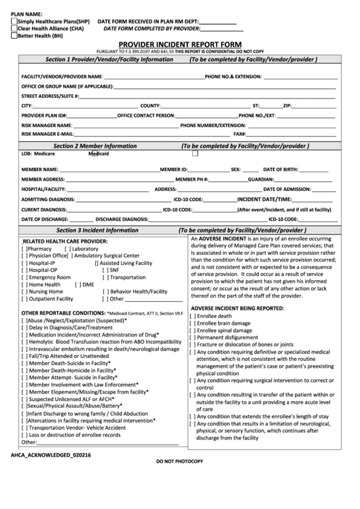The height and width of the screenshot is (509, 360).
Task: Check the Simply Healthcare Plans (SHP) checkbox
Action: [x=14, y=22]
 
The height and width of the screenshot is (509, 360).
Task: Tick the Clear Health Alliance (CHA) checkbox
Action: [x=14, y=29]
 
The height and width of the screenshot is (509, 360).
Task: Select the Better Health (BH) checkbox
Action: [x=14, y=37]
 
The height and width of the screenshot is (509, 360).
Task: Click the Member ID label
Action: [x=174, y=169]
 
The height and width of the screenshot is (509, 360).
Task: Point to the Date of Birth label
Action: [x=281, y=169]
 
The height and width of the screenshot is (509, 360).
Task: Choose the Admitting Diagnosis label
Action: [x=48, y=200]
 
